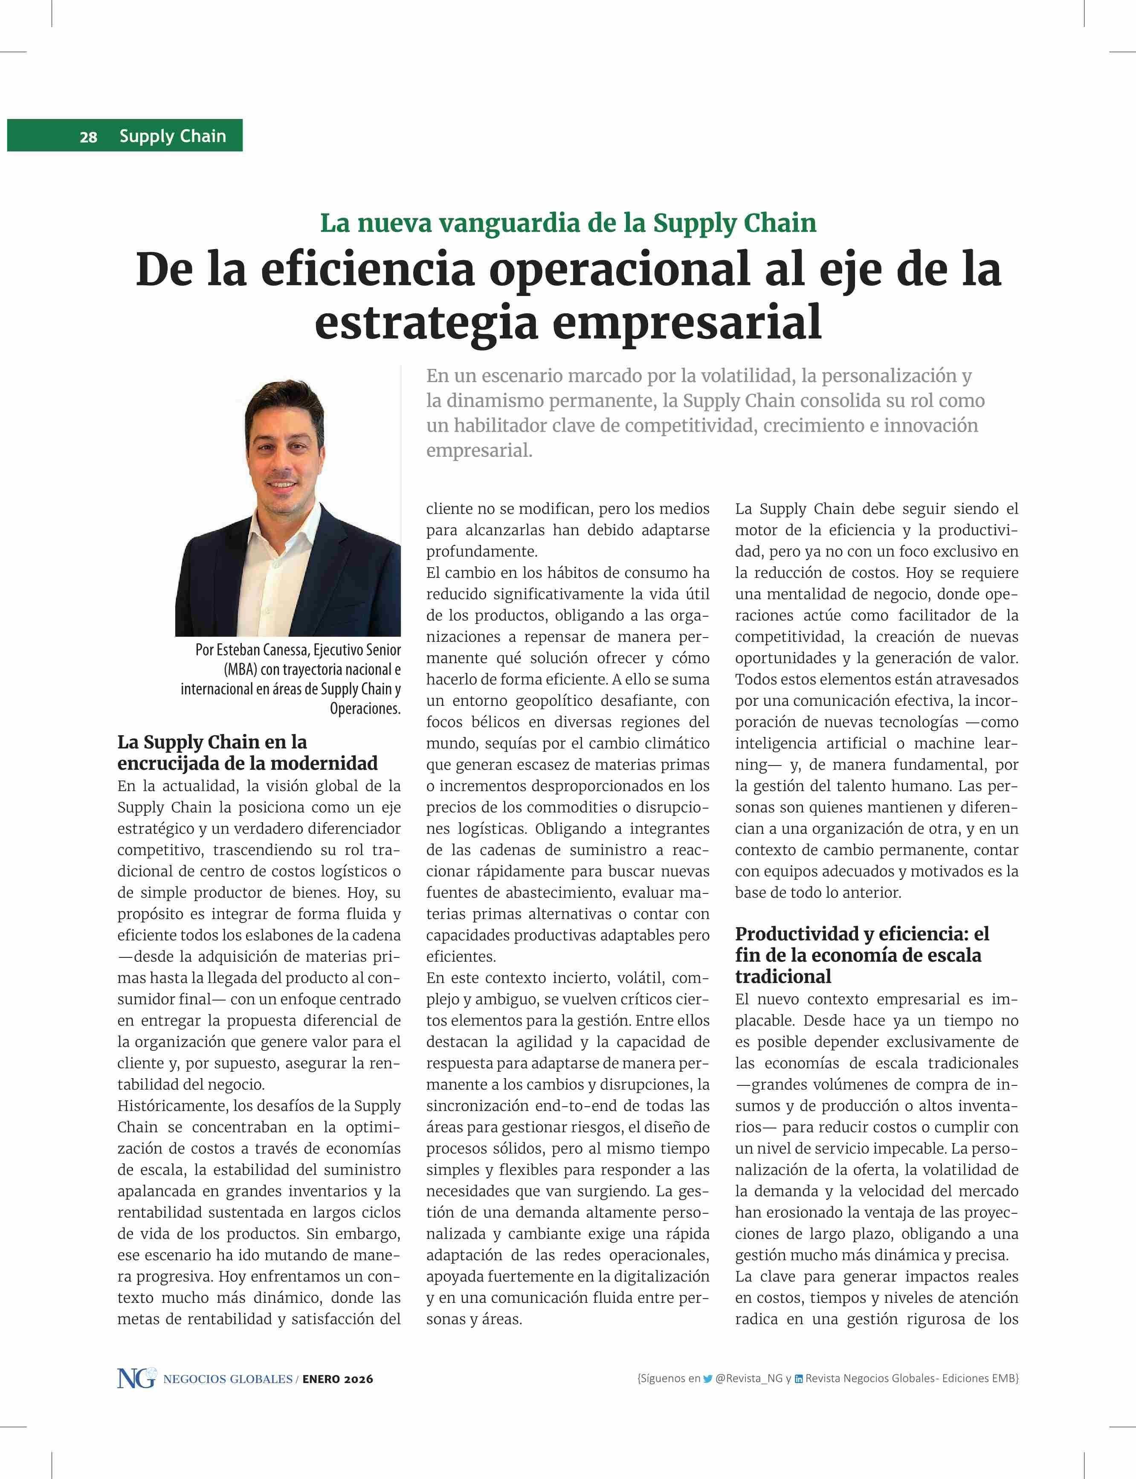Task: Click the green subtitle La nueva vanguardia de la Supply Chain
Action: click(568, 223)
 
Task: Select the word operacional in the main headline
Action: click(620, 269)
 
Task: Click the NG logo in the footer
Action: click(136, 1378)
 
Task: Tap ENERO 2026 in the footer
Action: click(337, 1379)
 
